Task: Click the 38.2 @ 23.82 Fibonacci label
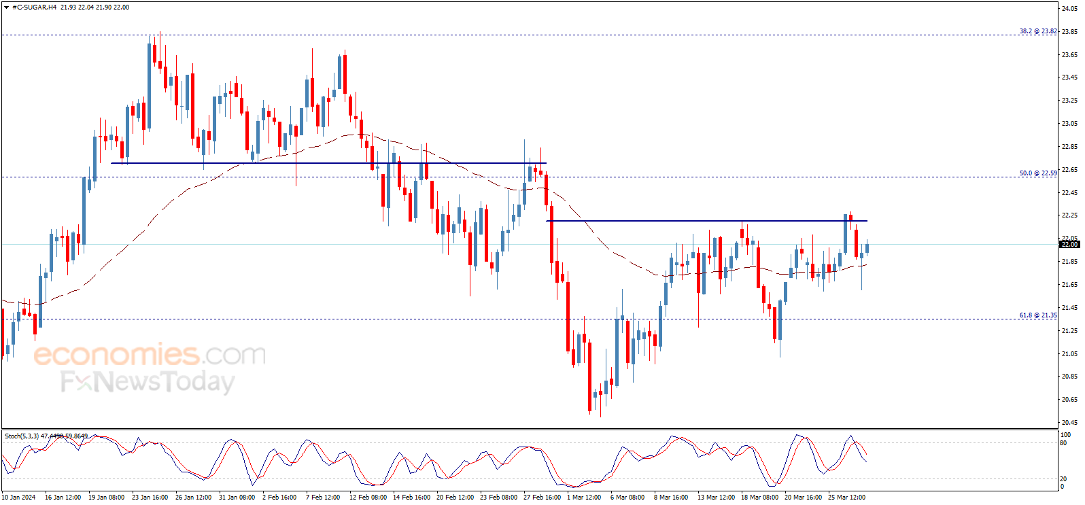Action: [1037, 31]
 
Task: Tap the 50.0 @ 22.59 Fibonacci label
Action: [1037, 173]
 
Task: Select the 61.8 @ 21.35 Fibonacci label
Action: [1037, 315]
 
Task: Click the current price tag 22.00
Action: [1069, 244]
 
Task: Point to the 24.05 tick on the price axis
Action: [1069, 9]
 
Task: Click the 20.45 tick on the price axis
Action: [1069, 422]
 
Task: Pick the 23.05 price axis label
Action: [1069, 124]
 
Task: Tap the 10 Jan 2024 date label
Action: [18, 498]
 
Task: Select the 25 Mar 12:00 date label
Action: [846, 498]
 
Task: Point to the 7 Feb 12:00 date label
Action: [323, 498]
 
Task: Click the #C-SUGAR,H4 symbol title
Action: [34, 7]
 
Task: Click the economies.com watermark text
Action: [150, 355]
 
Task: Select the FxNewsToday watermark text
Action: [148, 382]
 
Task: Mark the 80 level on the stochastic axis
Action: [1063, 443]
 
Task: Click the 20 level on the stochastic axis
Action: [1063, 478]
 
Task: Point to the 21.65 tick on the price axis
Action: [1069, 285]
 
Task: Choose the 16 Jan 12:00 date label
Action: [63, 498]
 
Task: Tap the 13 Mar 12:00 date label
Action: [716, 498]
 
